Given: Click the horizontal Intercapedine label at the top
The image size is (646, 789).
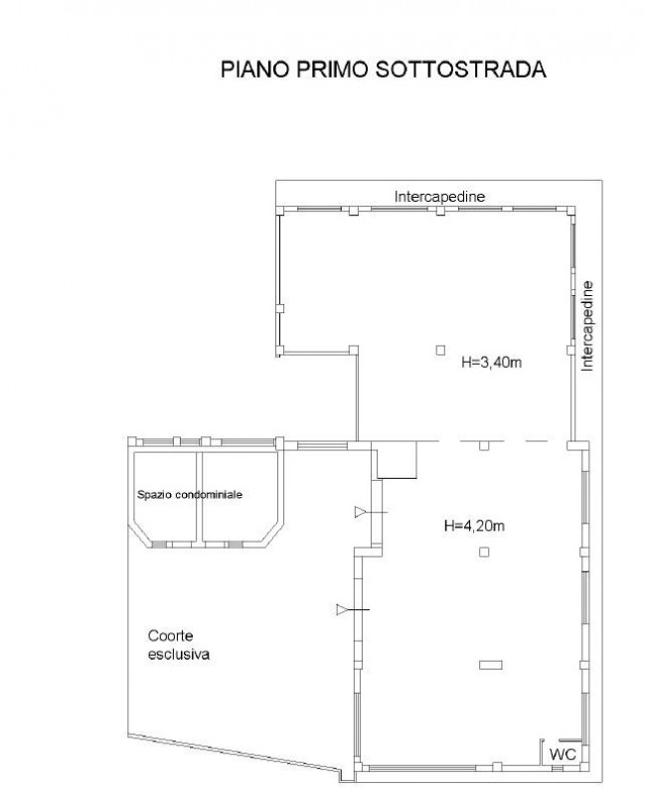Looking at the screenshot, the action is pyautogui.click(x=439, y=196).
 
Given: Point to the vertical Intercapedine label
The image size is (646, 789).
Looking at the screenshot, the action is pyautogui.click(x=587, y=326).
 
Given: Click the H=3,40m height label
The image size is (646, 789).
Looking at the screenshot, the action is pyautogui.click(x=492, y=362).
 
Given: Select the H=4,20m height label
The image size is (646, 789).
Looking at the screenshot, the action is pyautogui.click(x=474, y=526).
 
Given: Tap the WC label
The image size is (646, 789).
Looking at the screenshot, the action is pyautogui.click(x=563, y=754).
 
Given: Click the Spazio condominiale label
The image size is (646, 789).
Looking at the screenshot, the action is pyautogui.click(x=190, y=495).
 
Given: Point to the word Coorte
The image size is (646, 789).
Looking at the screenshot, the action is pyautogui.click(x=171, y=636).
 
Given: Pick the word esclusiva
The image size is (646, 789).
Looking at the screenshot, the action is pyautogui.click(x=179, y=654).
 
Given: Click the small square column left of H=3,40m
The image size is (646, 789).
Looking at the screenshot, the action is pyautogui.click(x=440, y=350).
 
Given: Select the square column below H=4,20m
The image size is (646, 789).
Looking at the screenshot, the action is pyautogui.click(x=484, y=552).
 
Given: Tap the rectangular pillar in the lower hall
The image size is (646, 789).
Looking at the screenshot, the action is pyautogui.click(x=491, y=665).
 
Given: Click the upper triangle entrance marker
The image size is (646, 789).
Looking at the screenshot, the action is pyautogui.click(x=360, y=512).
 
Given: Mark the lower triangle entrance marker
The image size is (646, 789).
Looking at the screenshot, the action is pyautogui.click(x=342, y=610).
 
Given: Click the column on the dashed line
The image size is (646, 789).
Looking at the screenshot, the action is pyautogui.click(x=484, y=445).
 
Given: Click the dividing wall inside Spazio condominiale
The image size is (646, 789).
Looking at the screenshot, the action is pyautogui.click(x=199, y=496).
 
